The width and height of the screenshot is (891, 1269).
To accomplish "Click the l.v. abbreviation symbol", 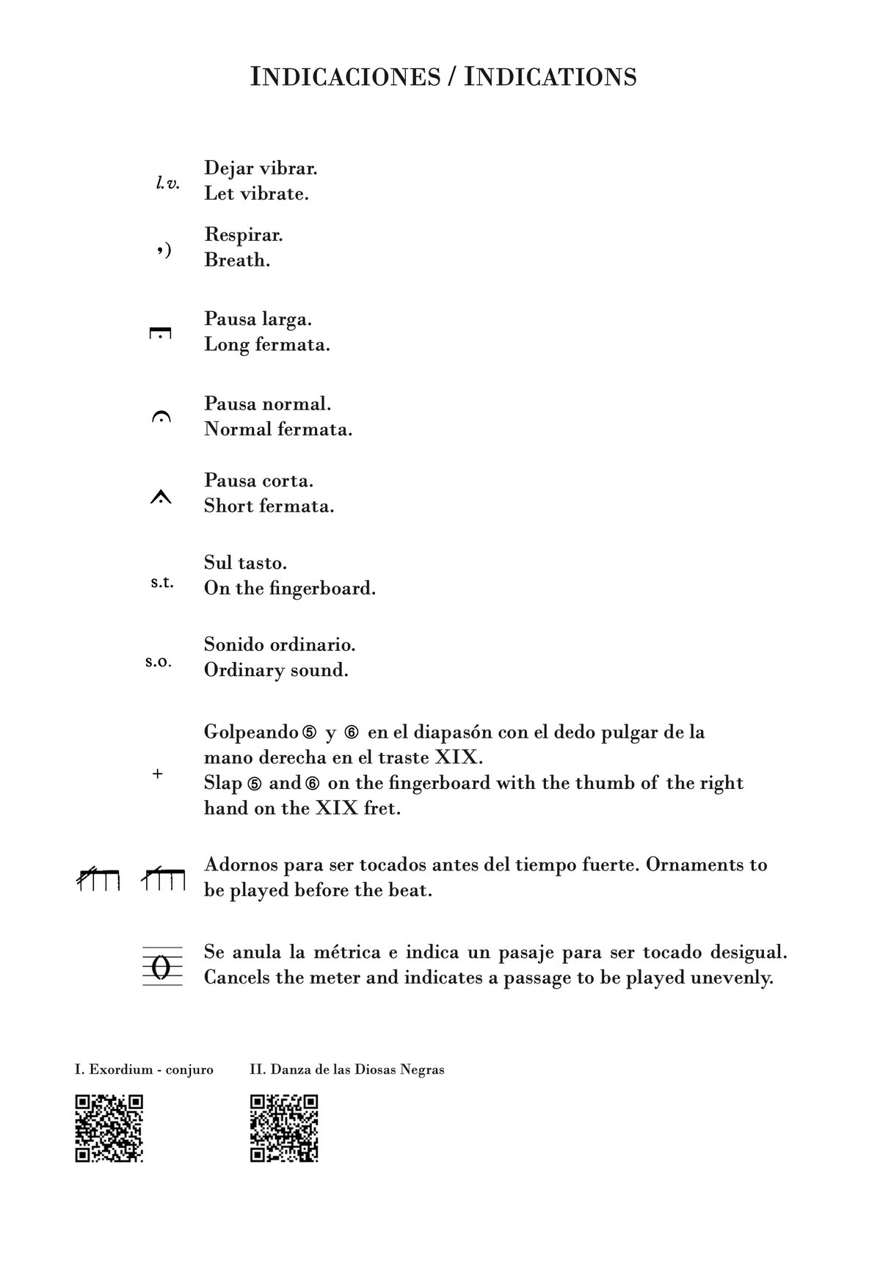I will pyautogui.click(x=167, y=183).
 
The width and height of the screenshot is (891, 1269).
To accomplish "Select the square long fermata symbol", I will pyautogui.click(x=160, y=334).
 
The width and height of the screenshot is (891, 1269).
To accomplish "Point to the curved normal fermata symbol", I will pyautogui.click(x=160, y=418).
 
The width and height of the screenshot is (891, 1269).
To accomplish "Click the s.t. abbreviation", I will pyautogui.click(x=162, y=583).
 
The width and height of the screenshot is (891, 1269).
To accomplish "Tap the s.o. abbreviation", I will pyautogui.click(x=159, y=662).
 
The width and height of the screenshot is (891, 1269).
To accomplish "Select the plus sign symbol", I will pyautogui.click(x=157, y=774).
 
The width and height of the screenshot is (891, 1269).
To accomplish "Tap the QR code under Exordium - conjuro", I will pyautogui.click(x=109, y=1128).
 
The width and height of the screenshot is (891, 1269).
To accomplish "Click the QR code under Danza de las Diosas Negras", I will pyautogui.click(x=284, y=1128).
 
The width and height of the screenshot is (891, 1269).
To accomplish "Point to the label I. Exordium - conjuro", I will pyautogui.click(x=144, y=1069).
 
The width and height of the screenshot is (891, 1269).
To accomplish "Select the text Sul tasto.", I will pyautogui.click(x=245, y=563).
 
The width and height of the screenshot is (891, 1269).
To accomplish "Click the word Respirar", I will pyautogui.click(x=243, y=235).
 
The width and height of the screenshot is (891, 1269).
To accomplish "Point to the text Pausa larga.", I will pyautogui.click(x=258, y=319).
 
